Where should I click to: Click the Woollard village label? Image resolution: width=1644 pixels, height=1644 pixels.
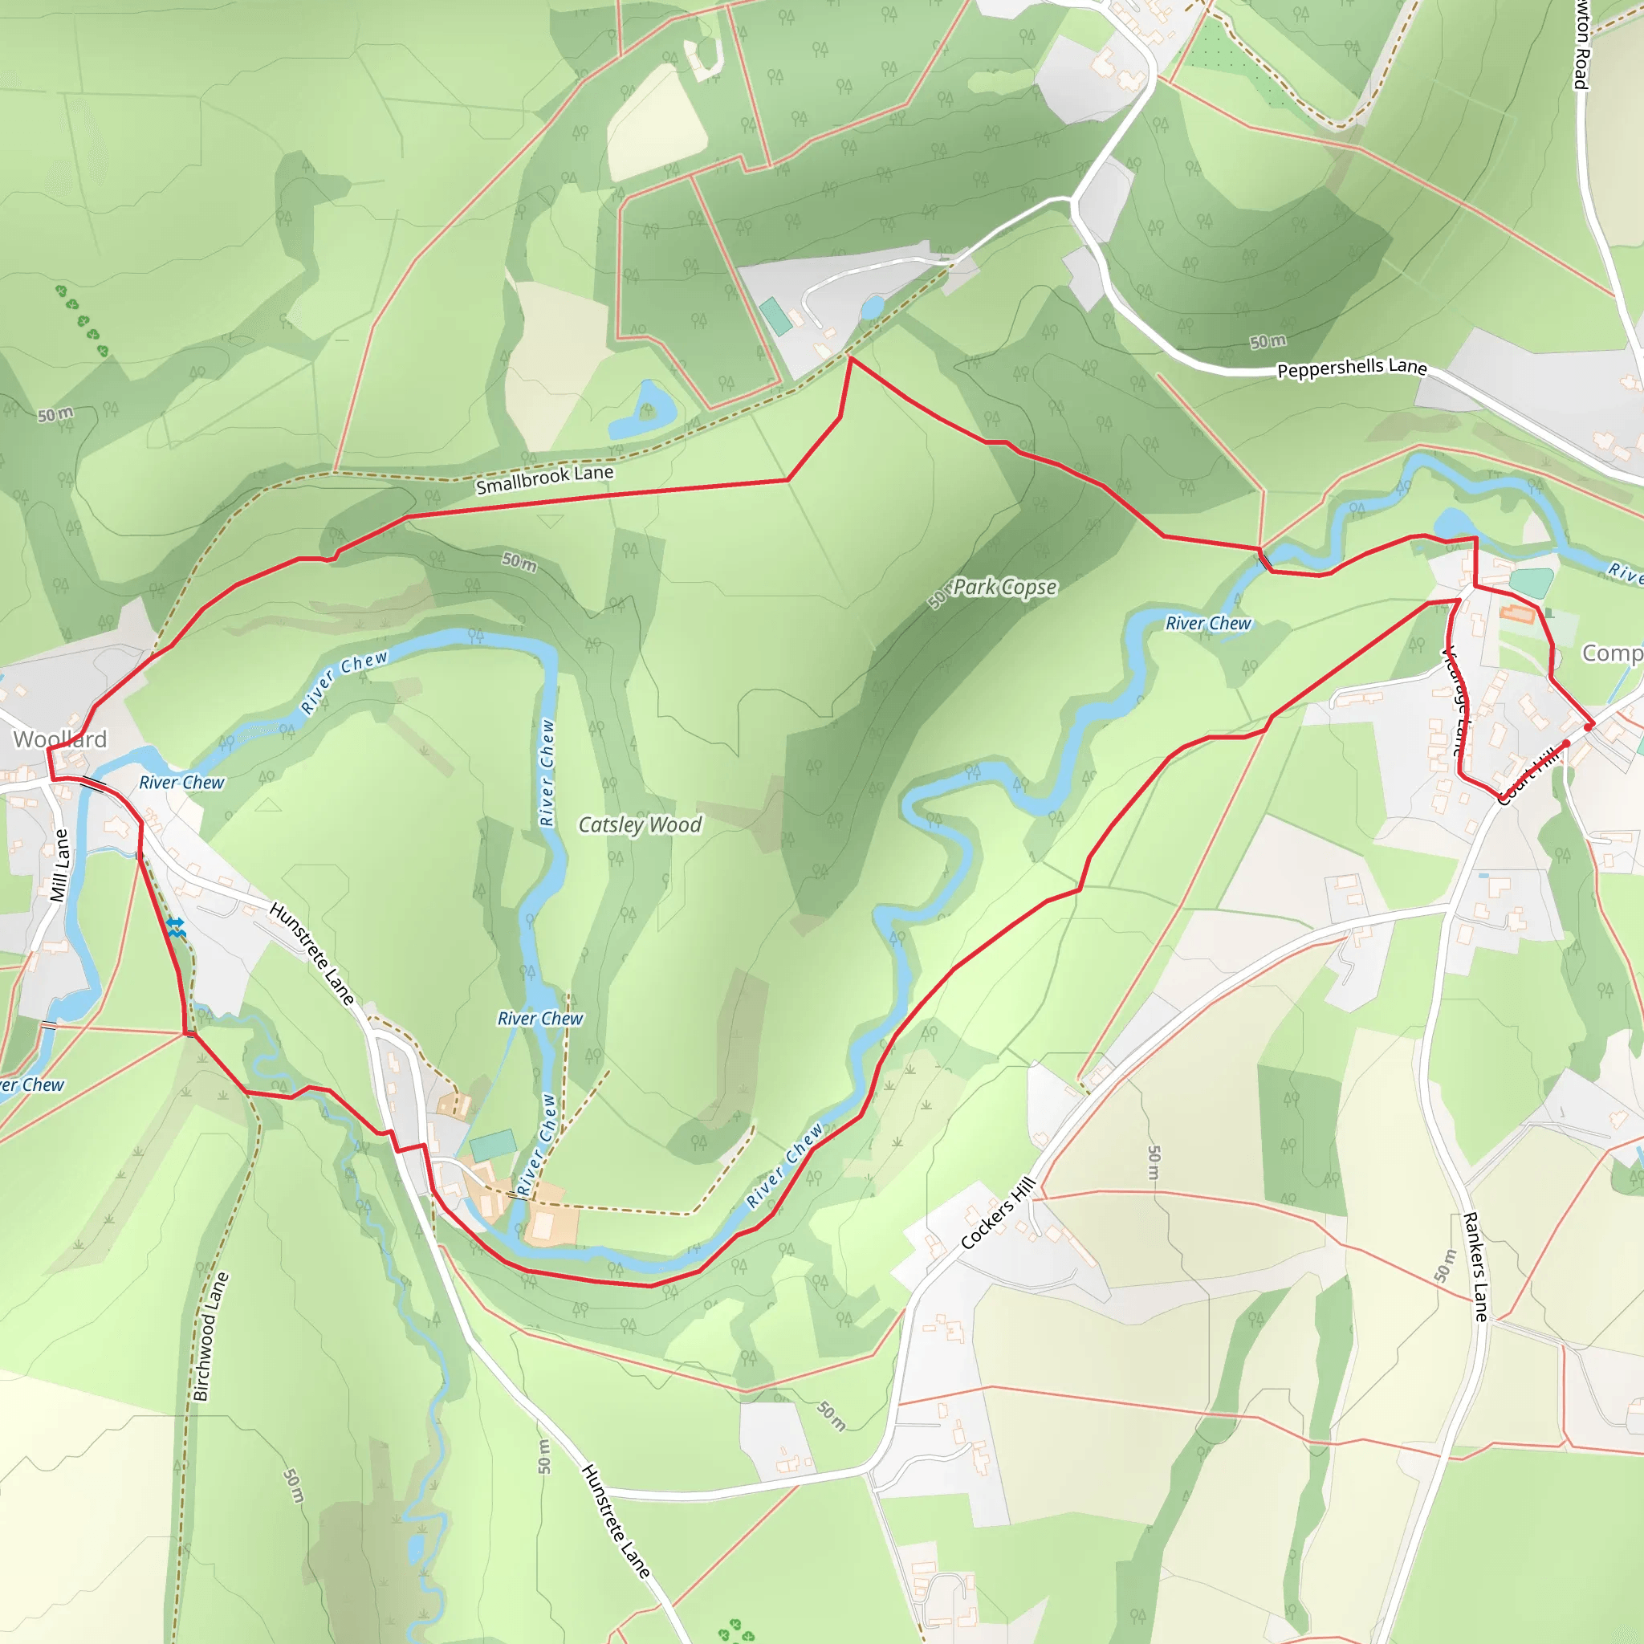pyautogui.click(x=59, y=739)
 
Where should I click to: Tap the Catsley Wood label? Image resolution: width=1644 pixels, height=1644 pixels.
pyautogui.click(x=640, y=824)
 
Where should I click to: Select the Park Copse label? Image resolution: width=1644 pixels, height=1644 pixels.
pyautogui.click(x=1004, y=587)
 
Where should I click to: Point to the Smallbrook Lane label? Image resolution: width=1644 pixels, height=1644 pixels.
pyautogui.click(x=544, y=479)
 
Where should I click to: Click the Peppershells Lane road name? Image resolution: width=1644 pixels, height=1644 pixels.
pyautogui.click(x=1352, y=368)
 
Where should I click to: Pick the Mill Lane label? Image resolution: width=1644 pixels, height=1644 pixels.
pyautogui.click(x=59, y=865)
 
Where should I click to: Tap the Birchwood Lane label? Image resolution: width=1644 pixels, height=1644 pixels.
pyautogui.click(x=210, y=1336)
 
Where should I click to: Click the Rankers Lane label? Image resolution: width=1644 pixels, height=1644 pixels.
pyautogui.click(x=1475, y=1267)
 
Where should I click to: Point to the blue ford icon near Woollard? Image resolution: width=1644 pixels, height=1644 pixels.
pyautogui.click(x=176, y=927)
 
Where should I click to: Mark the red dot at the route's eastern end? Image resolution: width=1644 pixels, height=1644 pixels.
pyautogui.click(x=1588, y=726)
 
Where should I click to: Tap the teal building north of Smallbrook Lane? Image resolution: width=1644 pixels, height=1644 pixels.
pyautogui.click(x=775, y=315)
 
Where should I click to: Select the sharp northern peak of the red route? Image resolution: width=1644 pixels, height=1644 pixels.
pyautogui.click(x=851, y=358)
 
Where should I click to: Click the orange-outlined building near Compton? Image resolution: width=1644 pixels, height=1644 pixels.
pyautogui.click(x=1517, y=612)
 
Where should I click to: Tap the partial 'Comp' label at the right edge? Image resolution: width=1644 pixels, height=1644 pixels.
pyautogui.click(x=1611, y=653)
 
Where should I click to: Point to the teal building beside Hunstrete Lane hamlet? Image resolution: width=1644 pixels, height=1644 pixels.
pyautogui.click(x=493, y=1145)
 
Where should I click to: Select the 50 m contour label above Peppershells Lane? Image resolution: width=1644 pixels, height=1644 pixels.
pyautogui.click(x=1268, y=341)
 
